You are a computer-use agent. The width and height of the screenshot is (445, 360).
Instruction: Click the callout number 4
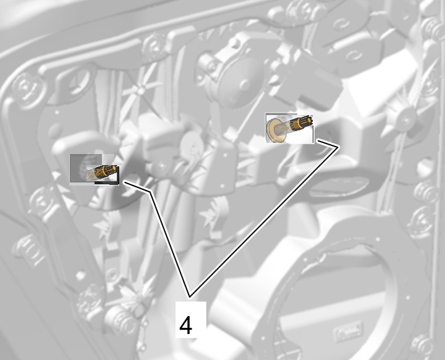point(186,325)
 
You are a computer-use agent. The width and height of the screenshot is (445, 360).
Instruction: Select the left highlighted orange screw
point(102,172)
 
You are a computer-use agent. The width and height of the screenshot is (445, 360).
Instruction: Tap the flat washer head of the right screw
point(274,130)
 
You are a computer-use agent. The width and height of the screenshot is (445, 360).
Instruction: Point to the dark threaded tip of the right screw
point(305,121)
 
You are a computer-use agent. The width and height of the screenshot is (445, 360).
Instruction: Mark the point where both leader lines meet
point(190,297)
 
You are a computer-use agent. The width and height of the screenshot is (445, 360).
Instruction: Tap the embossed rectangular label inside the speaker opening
point(348,330)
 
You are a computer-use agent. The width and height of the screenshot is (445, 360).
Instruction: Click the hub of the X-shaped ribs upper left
point(141,91)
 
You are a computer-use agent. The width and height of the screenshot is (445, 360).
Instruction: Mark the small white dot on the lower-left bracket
point(80,275)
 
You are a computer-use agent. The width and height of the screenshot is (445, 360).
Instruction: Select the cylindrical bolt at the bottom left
point(121,320)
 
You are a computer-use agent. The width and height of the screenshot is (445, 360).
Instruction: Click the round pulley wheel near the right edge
point(407,119)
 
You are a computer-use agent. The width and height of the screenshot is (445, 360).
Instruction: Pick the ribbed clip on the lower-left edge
point(28,250)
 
